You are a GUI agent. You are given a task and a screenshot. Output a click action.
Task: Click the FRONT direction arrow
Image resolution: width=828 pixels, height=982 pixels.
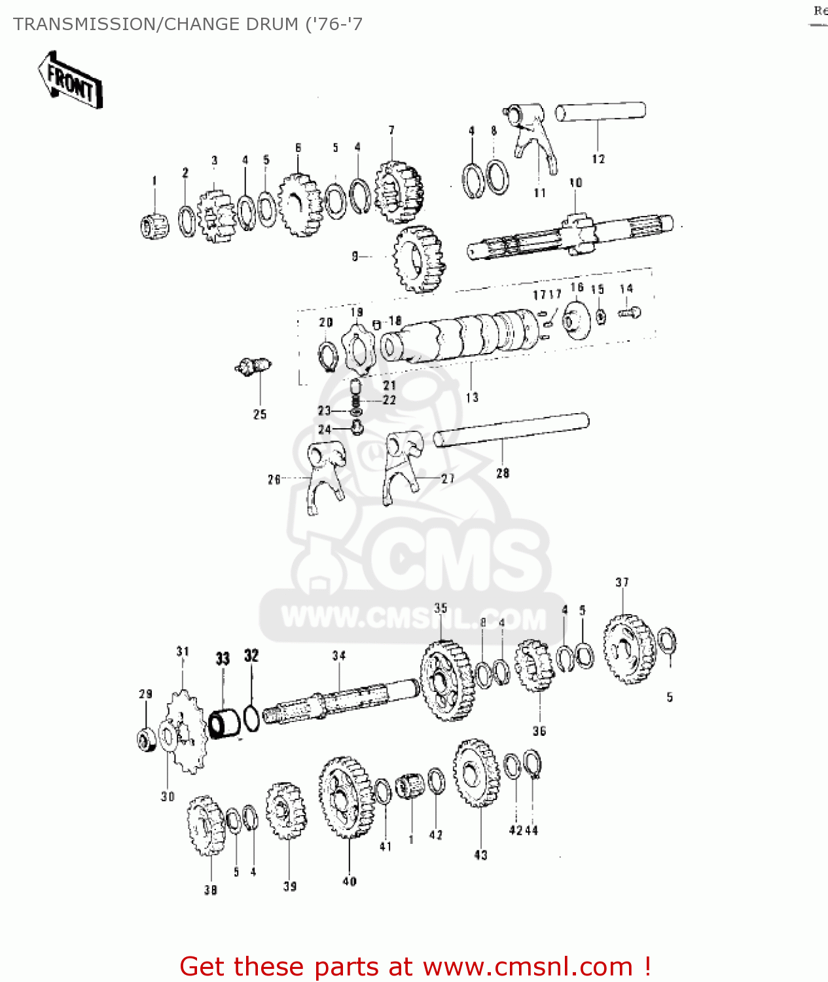point(70,81)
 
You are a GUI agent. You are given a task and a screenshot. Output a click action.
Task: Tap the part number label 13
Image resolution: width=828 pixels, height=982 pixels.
point(472,397)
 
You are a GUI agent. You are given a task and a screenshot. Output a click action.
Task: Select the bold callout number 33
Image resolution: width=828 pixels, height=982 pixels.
point(223,659)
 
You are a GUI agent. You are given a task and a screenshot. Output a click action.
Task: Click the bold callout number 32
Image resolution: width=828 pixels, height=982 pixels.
point(251,656)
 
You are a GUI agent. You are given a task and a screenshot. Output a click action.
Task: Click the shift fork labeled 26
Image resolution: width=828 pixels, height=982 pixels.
point(325,475)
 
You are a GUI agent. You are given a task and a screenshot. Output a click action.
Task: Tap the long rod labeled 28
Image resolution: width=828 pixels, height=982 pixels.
point(511,430)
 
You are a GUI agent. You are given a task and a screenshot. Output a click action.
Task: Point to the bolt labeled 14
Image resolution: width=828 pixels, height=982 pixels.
point(629,313)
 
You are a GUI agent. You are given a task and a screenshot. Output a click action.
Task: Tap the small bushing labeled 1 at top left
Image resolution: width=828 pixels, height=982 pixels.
point(154,226)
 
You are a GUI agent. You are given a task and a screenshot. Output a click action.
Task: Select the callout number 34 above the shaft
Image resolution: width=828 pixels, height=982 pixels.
point(338,655)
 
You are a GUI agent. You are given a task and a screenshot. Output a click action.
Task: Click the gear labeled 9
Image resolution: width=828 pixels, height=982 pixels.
point(419,259)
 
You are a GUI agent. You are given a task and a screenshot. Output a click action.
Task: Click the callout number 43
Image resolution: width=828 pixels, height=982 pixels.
point(480,854)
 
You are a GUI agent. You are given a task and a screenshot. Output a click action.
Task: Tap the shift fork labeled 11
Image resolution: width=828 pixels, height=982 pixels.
point(534,137)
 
